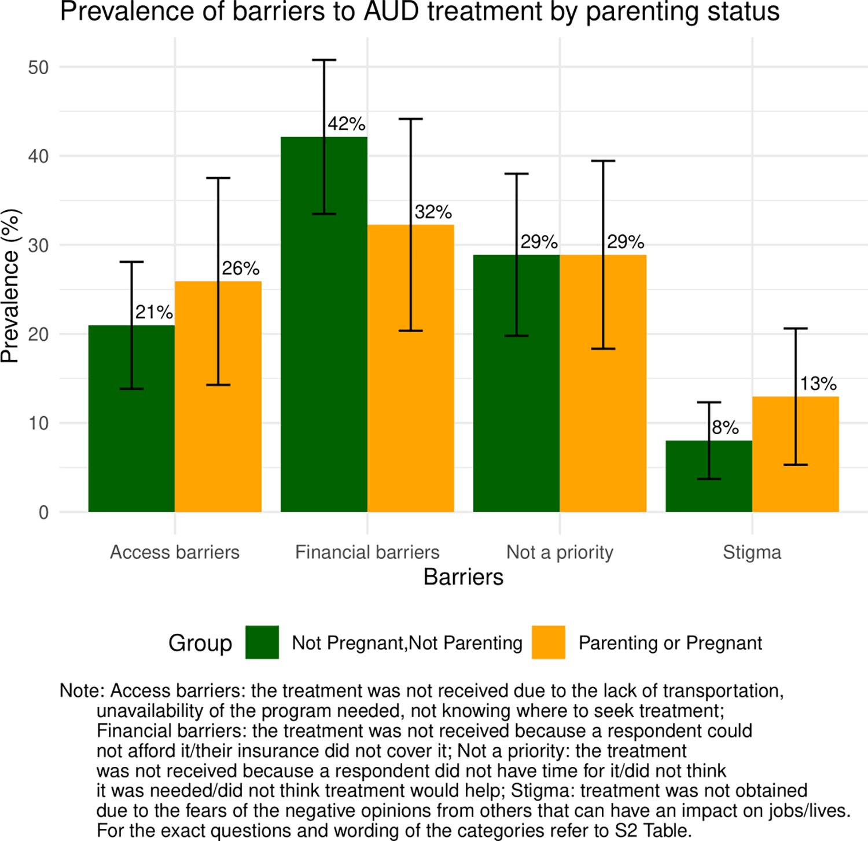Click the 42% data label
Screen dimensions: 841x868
(347, 124)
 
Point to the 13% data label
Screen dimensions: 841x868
(818, 383)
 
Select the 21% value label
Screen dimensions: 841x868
(154, 313)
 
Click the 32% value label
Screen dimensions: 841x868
(433, 212)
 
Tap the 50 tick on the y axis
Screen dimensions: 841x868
(38, 68)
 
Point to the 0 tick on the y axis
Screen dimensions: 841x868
(44, 513)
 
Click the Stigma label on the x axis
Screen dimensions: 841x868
(752, 552)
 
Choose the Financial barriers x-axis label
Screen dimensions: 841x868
(367, 552)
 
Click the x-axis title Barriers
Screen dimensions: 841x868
(464, 577)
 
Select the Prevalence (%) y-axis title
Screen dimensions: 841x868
(10, 286)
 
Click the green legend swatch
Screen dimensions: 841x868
(262, 642)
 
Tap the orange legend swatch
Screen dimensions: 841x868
(548, 642)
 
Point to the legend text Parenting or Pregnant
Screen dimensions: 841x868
(670, 643)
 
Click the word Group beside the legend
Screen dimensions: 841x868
(200, 643)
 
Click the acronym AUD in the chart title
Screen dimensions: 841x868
(391, 12)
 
